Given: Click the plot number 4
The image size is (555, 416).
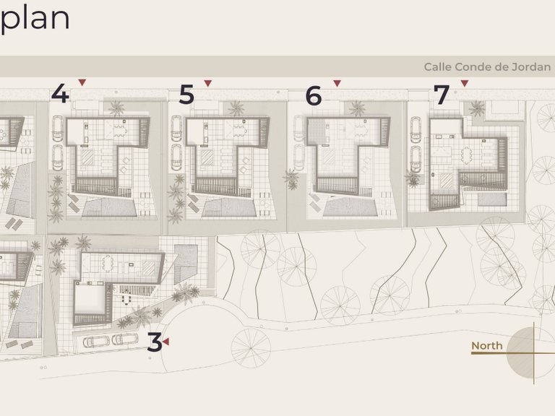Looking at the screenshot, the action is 61,94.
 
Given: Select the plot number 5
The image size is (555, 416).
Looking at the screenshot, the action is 186,95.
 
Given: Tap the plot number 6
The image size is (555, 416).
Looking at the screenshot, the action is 314,95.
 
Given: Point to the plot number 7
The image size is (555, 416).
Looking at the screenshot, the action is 442,95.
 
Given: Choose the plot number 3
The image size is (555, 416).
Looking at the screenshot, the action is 155,342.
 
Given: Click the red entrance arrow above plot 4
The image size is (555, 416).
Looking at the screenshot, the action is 82,82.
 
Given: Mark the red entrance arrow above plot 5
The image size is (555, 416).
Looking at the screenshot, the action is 208,83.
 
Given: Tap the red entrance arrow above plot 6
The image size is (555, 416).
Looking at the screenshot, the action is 337,83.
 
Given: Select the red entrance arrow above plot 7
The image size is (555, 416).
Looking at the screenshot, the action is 465,83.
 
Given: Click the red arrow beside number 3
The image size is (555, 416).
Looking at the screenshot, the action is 165,342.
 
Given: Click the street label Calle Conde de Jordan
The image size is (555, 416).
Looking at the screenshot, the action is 487,67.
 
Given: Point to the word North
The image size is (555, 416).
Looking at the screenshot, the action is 486,346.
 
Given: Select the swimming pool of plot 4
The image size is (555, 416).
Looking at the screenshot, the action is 109,207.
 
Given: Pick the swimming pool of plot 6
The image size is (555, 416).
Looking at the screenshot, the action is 349,207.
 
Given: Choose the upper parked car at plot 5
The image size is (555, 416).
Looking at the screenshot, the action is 176,128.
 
